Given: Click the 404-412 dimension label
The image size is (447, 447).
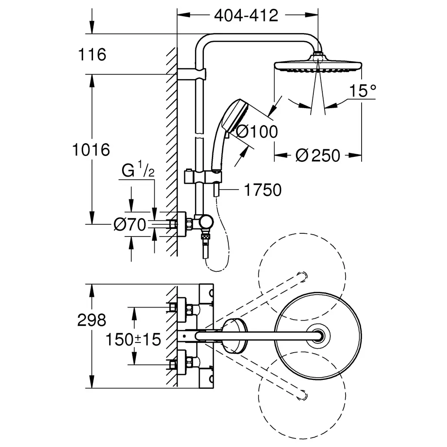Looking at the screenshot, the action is click(246, 16).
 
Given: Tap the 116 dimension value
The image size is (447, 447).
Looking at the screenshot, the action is click(92, 55).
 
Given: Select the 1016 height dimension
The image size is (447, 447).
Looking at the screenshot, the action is click(91, 150).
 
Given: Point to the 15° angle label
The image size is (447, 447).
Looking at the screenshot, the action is click(363, 91).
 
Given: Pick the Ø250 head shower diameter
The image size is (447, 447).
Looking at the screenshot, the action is click(317, 156).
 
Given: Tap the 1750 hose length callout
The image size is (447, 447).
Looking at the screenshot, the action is click(262, 190).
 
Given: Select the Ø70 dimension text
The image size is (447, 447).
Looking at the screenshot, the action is click(130, 225).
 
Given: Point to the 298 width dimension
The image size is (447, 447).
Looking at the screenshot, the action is click(92, 320).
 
